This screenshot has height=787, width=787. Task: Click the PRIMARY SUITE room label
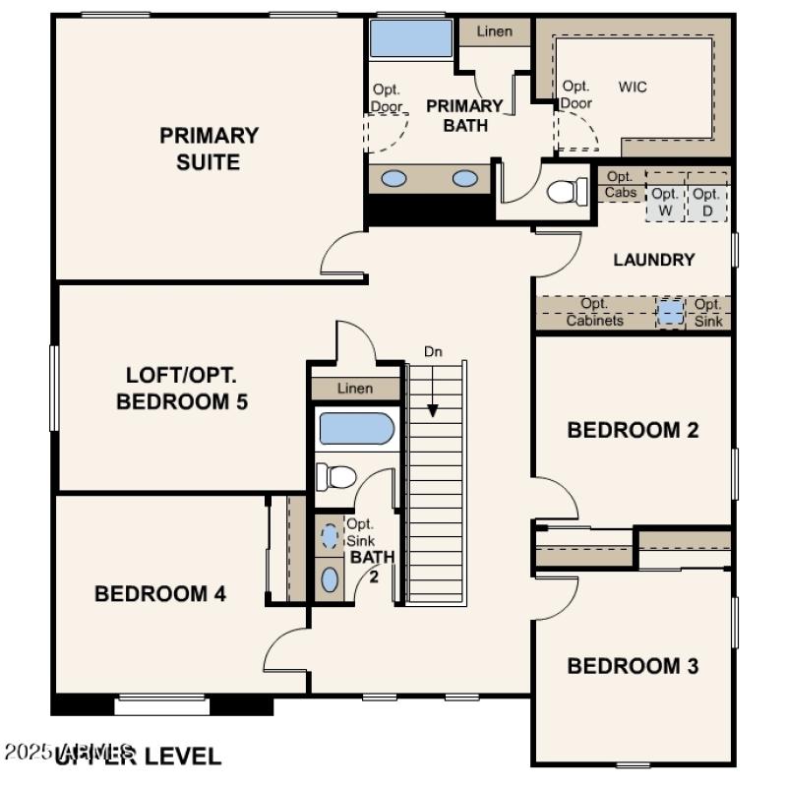coord(209,149)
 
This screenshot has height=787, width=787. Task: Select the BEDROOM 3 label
coord(633,666)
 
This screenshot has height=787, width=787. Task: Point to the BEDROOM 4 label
coord(160,593)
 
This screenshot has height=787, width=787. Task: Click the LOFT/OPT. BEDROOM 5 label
coord(182,389)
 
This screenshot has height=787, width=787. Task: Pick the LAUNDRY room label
coord(653,260)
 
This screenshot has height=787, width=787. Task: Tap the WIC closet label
coord(633,87)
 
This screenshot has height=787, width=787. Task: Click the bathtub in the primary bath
coord(410,39)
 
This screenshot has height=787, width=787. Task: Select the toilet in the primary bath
coord(565,189)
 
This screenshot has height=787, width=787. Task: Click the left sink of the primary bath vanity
coord(393,179)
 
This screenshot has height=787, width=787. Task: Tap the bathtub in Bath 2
coord(355,430)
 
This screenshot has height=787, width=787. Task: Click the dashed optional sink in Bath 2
coord(330,536)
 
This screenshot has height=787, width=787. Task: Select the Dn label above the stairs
coord(433,351)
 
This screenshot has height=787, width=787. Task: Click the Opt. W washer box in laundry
coord(664,201)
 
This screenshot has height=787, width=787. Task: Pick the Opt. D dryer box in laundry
coord(705,201)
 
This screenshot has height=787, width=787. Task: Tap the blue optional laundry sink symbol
coord(670,312)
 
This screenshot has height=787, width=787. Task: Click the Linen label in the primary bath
coord(495,31)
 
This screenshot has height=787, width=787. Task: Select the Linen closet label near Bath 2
coord(355,389)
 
